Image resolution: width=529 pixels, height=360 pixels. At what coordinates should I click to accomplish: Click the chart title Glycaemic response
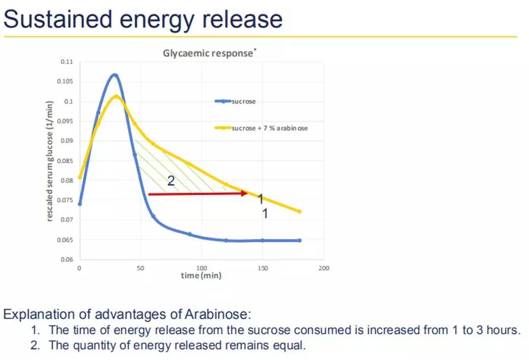click(x=207, y=53)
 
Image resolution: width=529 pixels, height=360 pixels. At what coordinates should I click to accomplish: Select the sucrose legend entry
click(x=243, y=101)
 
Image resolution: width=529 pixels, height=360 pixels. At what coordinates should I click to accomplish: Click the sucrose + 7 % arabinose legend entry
click(x=269, y=128)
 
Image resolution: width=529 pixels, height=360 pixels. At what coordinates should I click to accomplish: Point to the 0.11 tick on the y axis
click(x=67, y=62)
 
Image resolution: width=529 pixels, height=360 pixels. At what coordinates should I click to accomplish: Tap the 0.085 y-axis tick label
click(x=66, y=161)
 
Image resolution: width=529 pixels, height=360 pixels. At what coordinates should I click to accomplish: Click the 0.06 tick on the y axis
click(x=67, y=260)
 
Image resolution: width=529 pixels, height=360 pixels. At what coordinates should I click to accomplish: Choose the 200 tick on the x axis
click(x=324, y=268)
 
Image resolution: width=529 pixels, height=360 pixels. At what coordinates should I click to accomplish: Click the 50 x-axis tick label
click(x=140, y=268)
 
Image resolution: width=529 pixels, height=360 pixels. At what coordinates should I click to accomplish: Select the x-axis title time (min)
click(x=201, y=275)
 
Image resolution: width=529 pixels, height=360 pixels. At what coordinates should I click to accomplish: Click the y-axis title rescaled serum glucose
click(x=50, y=161)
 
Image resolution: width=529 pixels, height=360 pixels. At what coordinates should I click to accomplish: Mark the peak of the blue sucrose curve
click(x=115, y=75)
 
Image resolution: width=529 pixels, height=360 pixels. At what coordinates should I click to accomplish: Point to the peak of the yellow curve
click(x=117, y=96)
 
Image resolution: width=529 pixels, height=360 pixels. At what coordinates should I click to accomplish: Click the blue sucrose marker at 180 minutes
click(x=299, y=240)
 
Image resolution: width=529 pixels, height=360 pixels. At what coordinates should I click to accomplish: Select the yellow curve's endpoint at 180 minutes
click(x=299, y=211)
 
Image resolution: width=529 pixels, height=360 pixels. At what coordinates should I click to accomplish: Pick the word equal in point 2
click(x=290, y=346)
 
